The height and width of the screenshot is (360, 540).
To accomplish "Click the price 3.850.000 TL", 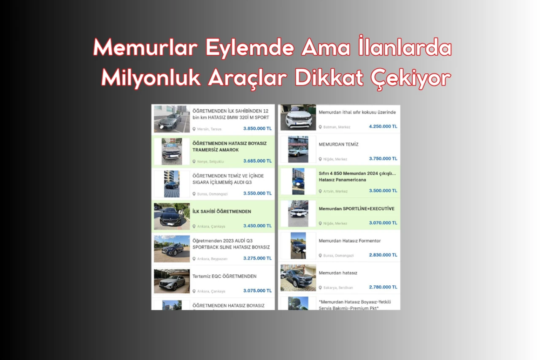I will [257, 129].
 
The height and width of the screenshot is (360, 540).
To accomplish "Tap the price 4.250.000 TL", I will [383, 126].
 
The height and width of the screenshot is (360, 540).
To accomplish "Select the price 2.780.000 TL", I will [383, 287].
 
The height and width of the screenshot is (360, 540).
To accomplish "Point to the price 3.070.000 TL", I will [383, 223].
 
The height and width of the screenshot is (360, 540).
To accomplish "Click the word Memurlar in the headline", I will [146, 48].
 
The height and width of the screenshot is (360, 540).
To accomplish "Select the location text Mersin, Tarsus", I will [209, 129].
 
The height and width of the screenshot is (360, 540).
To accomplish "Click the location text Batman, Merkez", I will [337, 127].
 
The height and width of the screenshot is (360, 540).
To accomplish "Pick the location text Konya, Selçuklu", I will [211, 161].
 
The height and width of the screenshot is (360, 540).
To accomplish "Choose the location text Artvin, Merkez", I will [335, 191].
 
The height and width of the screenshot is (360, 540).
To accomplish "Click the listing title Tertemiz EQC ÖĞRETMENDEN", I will [224, 276].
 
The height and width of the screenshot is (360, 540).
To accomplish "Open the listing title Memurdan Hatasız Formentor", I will [350, 241].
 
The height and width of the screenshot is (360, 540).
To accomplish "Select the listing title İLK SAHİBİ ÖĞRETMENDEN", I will [222, 211].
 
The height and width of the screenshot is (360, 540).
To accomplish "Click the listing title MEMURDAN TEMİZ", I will [339, 144].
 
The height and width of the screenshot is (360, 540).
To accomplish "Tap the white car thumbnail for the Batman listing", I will [298, 118].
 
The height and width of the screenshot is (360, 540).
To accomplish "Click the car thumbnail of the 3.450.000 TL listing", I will [172, 216].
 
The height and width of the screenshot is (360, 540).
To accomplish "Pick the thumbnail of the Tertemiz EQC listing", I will [172, 281].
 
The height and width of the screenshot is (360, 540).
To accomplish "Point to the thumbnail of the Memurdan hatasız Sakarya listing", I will [298, 278].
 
